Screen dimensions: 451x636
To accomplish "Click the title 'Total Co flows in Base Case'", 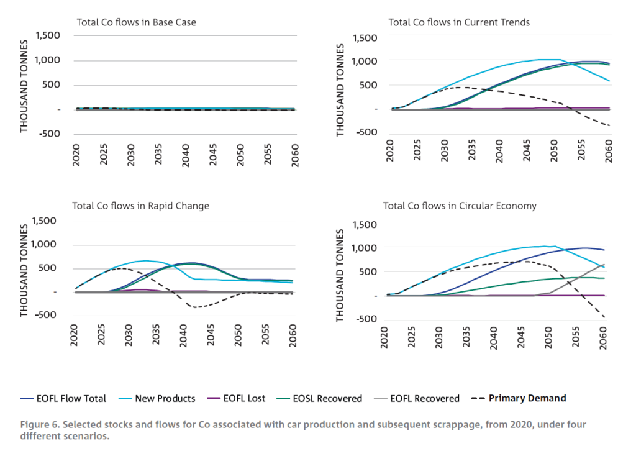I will (136, 22).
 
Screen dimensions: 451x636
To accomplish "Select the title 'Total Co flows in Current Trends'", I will (459, 22).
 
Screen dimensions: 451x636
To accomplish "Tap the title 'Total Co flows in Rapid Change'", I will (140, 206).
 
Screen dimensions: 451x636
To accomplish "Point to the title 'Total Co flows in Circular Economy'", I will (460, 206).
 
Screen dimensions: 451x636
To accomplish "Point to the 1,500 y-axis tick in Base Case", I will (48, 35).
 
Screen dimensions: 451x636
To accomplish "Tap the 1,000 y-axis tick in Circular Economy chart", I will (365, 248).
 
